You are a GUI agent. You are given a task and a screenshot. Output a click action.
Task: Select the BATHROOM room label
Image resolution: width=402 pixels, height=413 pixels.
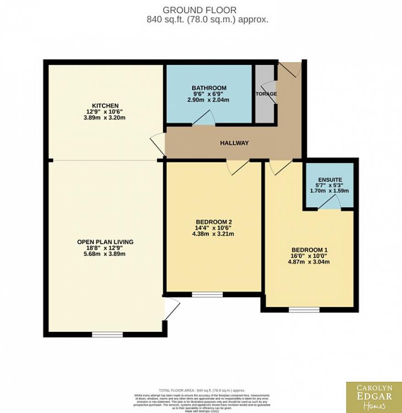click(x=209, y=88)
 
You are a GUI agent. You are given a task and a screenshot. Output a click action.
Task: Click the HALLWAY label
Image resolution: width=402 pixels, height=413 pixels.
click(x=234, y=143)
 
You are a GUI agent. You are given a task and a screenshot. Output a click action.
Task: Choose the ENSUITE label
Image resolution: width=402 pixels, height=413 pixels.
click(x=330, y=179)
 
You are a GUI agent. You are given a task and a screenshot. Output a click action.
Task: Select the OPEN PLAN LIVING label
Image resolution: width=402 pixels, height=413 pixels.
click(x=105, y=242)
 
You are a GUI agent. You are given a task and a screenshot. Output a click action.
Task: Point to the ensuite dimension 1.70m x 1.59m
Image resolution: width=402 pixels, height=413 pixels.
click(x=330, y=190)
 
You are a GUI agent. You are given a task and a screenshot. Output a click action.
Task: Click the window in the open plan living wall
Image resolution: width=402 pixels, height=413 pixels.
click(x=107, y=335)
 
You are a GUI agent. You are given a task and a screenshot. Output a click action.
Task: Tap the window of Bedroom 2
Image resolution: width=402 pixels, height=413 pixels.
click(x=207, y=294)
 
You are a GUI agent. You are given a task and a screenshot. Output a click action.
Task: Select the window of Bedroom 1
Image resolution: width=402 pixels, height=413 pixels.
click(x=304, y=310)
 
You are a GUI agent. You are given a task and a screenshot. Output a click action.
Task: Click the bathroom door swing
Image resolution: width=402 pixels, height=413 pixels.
click(x=203, y=119)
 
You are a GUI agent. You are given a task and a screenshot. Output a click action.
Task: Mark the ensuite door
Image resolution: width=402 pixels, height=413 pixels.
click(x=329, y=203)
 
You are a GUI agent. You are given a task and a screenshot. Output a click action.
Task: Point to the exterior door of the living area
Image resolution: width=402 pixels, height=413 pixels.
click(x=170, y=308)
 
